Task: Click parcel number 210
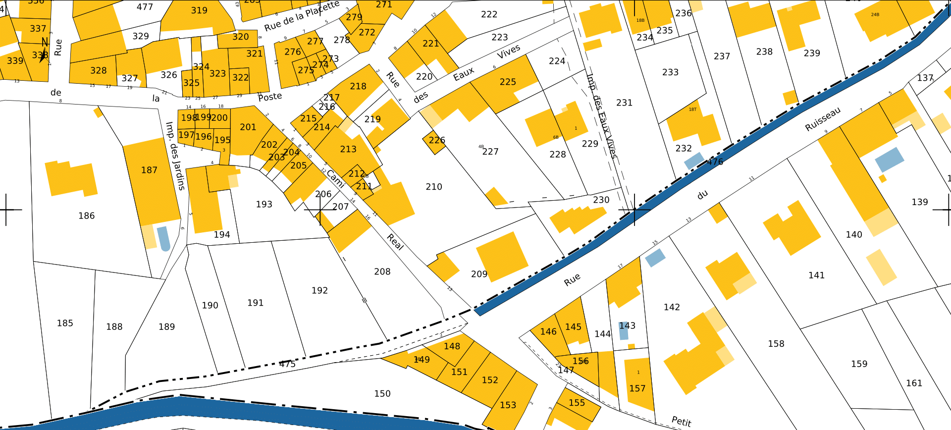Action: [x=433, y=187]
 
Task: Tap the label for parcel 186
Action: [x=86, y=215]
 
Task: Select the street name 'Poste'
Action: [x=270, y=97]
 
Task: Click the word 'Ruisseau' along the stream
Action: [x=823, y=119]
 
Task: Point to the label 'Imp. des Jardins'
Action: [x=175, y=156]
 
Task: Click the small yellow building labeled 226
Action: [x=434, y=142]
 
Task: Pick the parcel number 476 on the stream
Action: [x=715, y=161]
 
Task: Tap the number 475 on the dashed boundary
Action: [x=287, y=364]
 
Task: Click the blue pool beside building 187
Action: [x=163, y=238]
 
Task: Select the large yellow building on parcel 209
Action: [x=502, y=257]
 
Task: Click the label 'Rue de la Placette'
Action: [x=302, y=16]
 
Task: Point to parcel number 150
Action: [x=382, y=393]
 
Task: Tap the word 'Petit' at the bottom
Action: [x=681, y=421]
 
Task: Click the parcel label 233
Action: [x=670, y=72]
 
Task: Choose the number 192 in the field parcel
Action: [x=319, y=290]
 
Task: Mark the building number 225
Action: [x=508, y=82]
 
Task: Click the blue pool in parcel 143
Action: [x=624, y=331]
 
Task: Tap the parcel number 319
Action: [x=199, y=10]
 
